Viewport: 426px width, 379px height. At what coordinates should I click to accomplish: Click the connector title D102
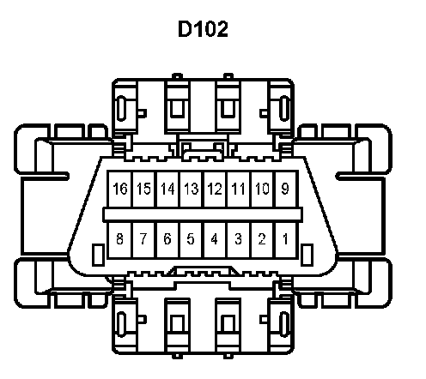203,28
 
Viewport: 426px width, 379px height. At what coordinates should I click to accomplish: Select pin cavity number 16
119,189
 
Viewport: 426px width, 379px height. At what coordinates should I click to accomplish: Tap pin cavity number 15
144,189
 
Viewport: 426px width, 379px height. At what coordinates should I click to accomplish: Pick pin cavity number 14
168,189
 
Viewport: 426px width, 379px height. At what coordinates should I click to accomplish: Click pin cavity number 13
192,189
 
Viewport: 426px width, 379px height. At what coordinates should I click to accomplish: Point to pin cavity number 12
216,189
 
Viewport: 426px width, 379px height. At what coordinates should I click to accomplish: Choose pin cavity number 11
239,189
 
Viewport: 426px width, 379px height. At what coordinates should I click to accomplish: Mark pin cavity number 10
263,189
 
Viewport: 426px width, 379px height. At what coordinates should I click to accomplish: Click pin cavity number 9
286,189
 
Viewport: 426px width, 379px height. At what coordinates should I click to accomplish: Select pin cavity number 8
119,239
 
